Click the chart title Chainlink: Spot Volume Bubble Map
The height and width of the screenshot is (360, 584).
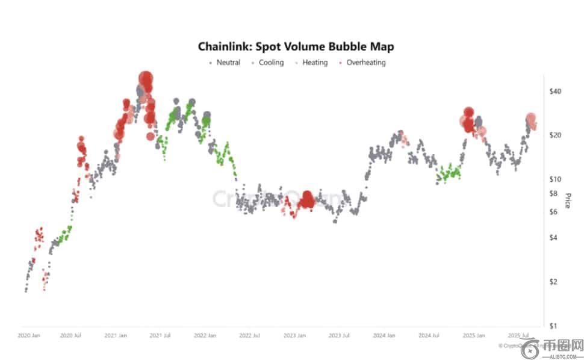[296, 46]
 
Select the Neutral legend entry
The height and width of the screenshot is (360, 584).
[228, 63]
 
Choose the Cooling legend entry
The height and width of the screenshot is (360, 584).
[271, 63]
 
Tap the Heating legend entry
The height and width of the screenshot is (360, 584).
[315, 63]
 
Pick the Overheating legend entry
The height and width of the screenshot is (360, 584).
[365, 63]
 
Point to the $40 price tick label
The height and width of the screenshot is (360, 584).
[555, 91]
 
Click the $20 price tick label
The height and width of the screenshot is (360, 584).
[555, 135]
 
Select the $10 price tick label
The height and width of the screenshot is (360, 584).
[555, 179]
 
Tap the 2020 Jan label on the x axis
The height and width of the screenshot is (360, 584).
[29, 335]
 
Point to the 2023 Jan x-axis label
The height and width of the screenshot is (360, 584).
[295, 335]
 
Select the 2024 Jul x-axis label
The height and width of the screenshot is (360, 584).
[428, 335]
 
